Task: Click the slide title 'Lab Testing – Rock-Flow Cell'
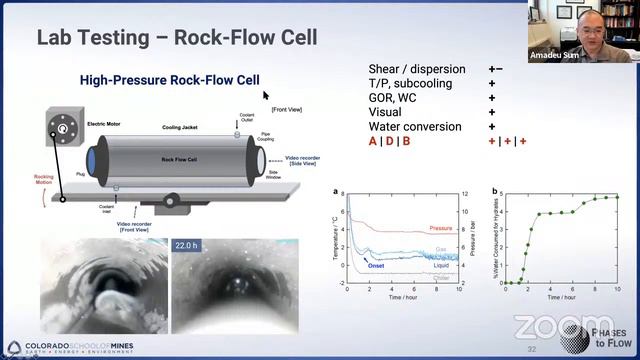click(x=177, y=38)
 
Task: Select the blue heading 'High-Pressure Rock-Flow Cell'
click(x=170, y=80)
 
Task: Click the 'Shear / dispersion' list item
click(x=417, y=69)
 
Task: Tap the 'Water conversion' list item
click(x=415, y=127)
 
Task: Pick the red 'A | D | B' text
click(x=390, y=142)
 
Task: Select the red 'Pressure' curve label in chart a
click(x=441, y=229)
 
